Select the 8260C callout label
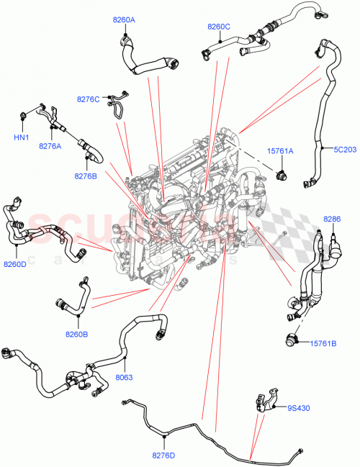[218, 27]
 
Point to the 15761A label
[280, 151]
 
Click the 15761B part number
[323, 343]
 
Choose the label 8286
[332, 218]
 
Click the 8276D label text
[164, 455]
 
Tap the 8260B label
[76, 334]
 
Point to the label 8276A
[50, 146]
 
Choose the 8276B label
[86, 175]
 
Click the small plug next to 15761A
[282, 173]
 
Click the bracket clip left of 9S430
[264, 401]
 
